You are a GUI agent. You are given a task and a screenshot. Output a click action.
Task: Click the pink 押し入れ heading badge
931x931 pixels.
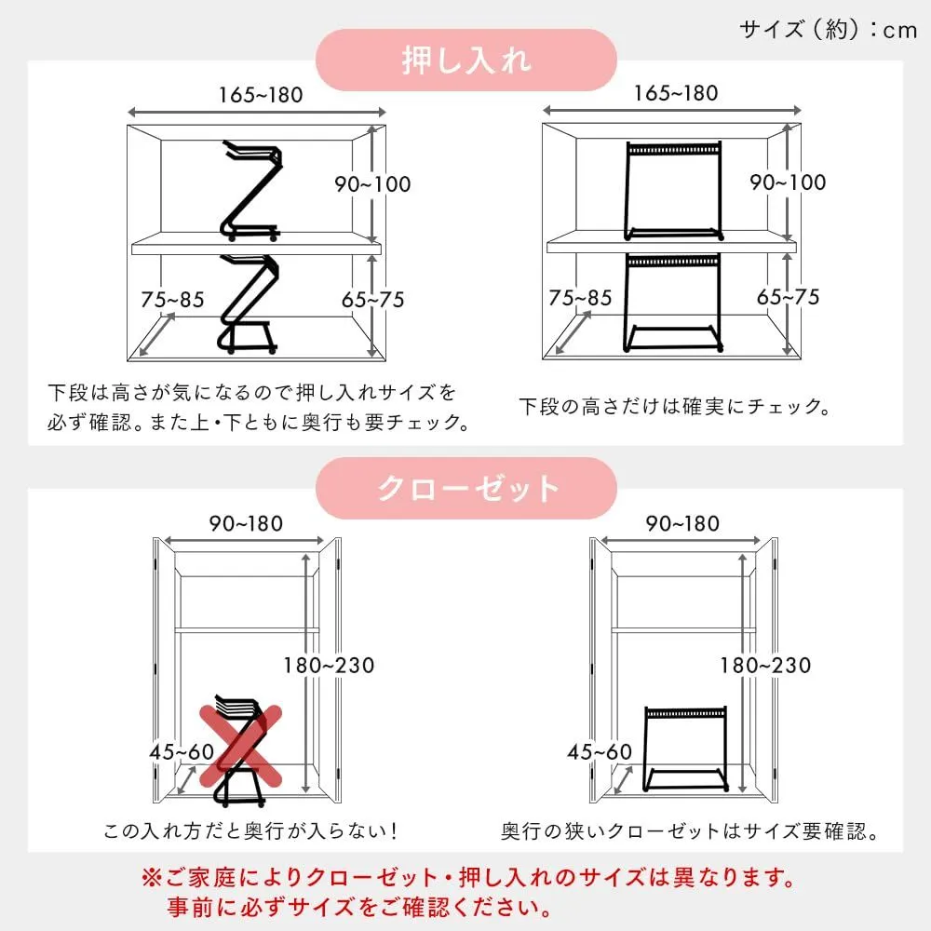[466, 60]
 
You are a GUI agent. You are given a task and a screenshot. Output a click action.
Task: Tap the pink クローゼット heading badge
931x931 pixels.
[466, 488]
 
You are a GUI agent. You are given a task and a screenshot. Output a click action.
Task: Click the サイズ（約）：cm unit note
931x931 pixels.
[829, 29]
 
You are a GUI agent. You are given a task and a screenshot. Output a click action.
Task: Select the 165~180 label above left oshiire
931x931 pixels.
[261, 95]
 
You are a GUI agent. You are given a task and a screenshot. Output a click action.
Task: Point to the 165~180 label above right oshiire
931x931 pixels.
[676, 93]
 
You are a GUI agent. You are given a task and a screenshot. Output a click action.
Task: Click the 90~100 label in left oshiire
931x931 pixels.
[372, 184]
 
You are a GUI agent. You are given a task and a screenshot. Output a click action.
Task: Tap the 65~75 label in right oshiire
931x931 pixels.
[788, 297]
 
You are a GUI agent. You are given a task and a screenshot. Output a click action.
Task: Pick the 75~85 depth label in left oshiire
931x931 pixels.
[172, 299]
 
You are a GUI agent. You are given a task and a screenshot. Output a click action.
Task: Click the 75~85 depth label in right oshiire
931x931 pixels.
[580, 298]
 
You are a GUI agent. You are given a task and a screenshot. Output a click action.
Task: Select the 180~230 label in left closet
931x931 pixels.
[329, 666]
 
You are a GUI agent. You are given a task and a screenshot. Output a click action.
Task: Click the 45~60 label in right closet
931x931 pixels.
[600, 752]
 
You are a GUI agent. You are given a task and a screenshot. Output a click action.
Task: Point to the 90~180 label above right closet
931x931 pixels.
[682, 523]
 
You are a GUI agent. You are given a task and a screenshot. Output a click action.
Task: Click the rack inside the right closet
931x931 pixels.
[685, 749]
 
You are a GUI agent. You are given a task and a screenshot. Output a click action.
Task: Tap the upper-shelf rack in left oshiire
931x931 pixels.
[251, 190]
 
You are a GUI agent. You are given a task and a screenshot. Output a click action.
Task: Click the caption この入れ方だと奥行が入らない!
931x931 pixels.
[250, 830]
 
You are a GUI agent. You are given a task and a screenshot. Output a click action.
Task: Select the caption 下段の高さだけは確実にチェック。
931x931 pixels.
[674, 407]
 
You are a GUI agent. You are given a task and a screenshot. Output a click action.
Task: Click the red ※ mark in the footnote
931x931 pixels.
[152, 878]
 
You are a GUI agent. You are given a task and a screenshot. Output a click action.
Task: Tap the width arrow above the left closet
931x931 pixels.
[244, 540]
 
